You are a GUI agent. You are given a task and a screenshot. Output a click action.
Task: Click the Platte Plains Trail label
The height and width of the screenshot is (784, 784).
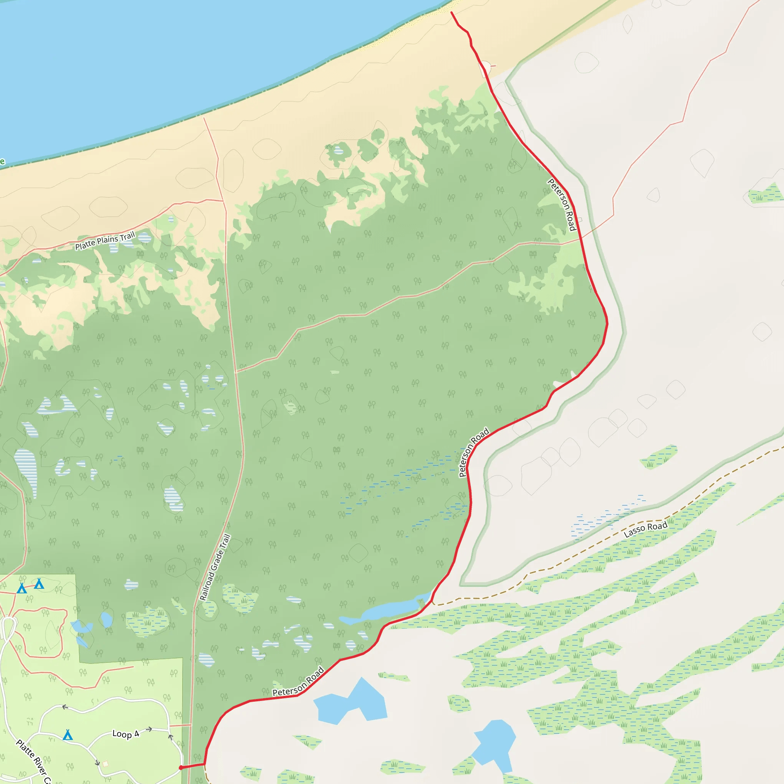coord(105,241)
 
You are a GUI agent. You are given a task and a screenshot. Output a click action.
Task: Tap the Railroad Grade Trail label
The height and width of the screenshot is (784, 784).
coord(215,567)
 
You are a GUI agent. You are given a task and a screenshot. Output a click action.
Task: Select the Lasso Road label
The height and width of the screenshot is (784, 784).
coord(645,529)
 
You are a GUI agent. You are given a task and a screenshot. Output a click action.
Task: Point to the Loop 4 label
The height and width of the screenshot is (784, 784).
coord(126,734)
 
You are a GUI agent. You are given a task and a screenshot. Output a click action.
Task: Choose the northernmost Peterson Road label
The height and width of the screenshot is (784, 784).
coord(562,204)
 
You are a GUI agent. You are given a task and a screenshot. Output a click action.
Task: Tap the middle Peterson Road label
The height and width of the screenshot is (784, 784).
coord(474,452)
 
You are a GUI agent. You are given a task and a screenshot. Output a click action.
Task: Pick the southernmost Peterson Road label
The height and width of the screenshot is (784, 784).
coord(298,682)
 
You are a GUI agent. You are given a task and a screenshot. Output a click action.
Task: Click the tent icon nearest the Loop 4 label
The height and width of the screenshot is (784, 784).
coord(68,735)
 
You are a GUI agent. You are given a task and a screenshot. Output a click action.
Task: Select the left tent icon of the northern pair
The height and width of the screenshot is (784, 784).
coord(22,588)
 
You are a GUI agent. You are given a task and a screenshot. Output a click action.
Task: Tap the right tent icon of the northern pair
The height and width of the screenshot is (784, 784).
coord(39,584)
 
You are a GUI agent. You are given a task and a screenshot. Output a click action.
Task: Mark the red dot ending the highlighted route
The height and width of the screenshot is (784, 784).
coord(181,768)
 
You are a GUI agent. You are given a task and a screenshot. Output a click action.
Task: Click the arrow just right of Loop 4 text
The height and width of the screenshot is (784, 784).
coord(149,729)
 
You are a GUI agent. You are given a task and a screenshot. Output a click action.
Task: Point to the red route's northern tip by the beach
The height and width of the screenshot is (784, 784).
coord(452,13)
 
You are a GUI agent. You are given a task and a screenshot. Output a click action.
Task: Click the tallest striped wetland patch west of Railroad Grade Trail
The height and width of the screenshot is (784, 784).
coord(26,471)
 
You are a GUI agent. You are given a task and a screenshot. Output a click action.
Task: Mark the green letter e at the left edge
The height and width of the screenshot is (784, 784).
coord(2,162)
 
